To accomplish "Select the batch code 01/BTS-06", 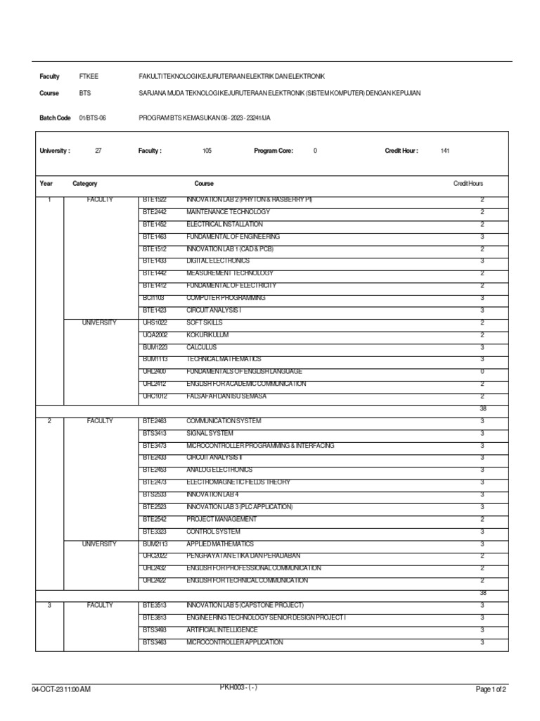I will click(x=92, y=118).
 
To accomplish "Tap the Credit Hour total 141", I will click(x=444, y=151).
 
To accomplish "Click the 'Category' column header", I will click(x=85, y=183).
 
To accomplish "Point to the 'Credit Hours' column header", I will click(x=468, y=183).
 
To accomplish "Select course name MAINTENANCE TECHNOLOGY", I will click(x=228, y=212).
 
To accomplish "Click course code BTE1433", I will click(x=154, y=261).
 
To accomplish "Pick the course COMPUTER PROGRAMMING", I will click(x=226, y=298).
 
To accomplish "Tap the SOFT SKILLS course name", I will click(x=205, y=322).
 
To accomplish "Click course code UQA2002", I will click(x=155, y=334).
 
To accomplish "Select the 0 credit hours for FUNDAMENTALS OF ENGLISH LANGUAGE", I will click(x=482, y=371).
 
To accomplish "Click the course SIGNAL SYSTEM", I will click(x=209, y=433).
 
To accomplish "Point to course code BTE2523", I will click(x=154, y=507).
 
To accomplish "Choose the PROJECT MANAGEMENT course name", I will click(x=221, y=519).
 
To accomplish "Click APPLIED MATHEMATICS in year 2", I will click(x=220, y=544).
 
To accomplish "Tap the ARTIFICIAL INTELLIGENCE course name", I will click(x=222, y=629).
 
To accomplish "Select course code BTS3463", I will click(x=154, y=642).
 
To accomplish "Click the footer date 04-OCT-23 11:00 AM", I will click(x=61, y=689).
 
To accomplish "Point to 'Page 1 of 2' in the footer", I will click(x=491, y=689).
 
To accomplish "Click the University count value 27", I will click(x=98, y=151).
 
